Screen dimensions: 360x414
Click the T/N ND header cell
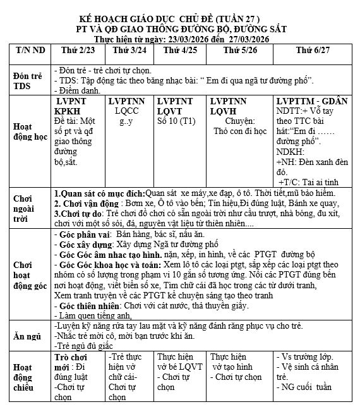[30, 49]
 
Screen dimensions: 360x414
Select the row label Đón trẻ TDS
[28, 80]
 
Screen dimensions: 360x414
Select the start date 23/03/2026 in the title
[188, 39]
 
